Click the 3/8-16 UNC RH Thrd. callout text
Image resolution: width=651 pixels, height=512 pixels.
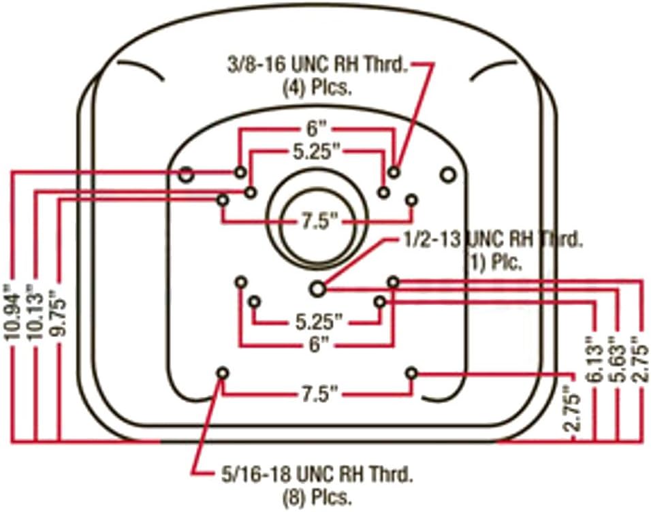tap(317, 65)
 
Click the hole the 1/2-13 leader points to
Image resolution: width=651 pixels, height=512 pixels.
tap(317, 289)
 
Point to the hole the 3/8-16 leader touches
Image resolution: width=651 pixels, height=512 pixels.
tap(394, 171)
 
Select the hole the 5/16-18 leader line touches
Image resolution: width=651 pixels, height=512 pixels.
tap(223, 373)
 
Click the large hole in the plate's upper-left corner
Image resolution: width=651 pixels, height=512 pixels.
tap(186, 175)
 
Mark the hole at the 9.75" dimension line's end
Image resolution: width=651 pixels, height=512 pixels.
tap(223, 199)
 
